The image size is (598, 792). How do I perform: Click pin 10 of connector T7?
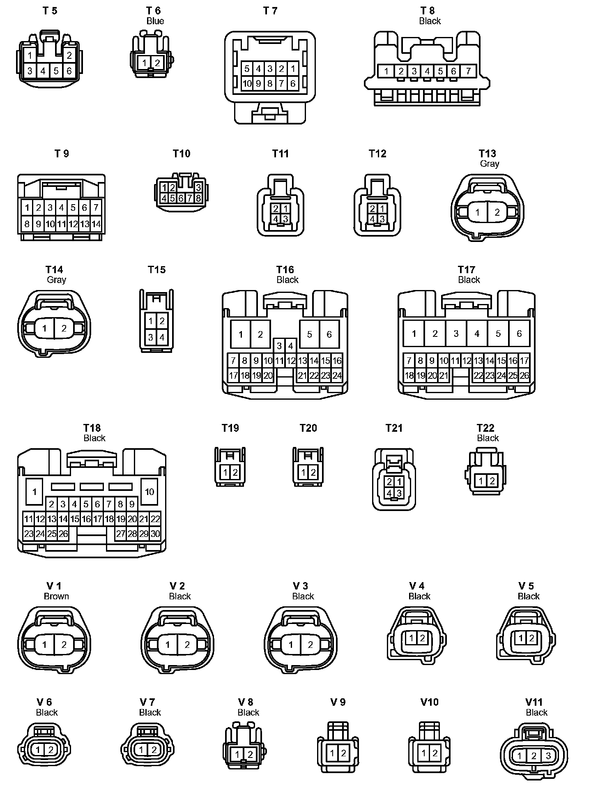(x=247, y=84)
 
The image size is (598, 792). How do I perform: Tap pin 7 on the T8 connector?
(x=468, y=71)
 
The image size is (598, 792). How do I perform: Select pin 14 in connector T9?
(x=96, y=224)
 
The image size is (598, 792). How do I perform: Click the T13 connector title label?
(x=488, y=154)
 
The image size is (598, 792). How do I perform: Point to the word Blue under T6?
(x=155, y=21)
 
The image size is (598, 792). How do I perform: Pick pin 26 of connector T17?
(x=524, y=375)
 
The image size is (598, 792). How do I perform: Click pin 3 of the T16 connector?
(x=279, y=346)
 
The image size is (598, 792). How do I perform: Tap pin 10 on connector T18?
(x=149, y=492)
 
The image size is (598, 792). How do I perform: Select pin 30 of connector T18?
(x=155, y=534)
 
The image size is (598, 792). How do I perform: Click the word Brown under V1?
(x=56, y=596)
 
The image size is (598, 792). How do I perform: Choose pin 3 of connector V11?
(x=548, y=756)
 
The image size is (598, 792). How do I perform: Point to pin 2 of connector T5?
(x=69, y=55)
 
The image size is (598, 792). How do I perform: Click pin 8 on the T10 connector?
(x=198, y=198)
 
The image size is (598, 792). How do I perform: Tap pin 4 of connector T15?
(x=162, y=338)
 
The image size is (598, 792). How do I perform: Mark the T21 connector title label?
(x=394, y=428)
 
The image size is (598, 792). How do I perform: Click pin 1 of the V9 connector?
(x=333, y=753)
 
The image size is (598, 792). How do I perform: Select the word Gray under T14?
(x=56, y=280)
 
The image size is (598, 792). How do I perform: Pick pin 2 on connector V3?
(x=310, y=645)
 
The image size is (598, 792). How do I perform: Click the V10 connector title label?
(x=430, y=702)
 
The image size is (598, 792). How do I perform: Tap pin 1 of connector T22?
(x=481, y=480)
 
